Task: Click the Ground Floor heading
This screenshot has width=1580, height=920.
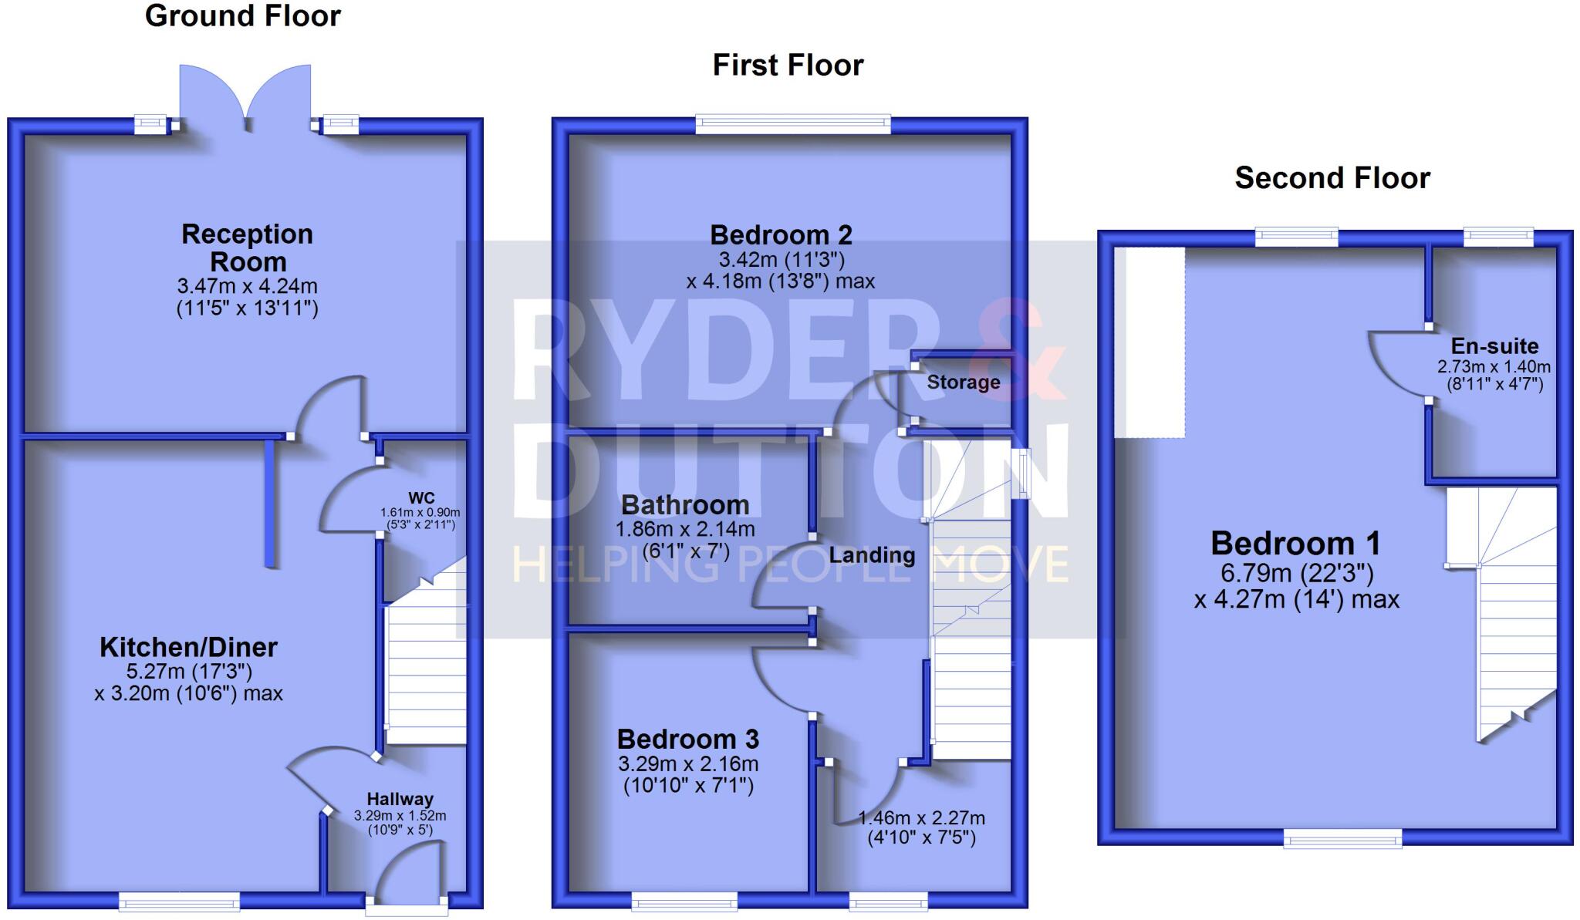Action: coord(242,16)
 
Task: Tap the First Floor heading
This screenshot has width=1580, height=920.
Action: coord(788,66)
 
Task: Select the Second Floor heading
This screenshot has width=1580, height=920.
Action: coord(1332,178)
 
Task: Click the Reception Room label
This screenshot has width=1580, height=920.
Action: coord(248,248)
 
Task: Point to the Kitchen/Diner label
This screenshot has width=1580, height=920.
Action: coord(188,647)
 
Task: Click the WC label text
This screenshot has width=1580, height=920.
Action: coord(421,498)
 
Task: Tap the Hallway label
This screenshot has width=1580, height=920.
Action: coord(400,799)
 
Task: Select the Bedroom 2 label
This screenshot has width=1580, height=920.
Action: coord(781,234)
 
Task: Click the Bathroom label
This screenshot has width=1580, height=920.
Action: coord(685,505)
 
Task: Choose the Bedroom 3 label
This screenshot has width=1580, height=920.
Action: coord(688,740)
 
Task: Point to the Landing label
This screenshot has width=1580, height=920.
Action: coord(872,555)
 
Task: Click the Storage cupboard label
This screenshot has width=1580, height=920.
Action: coord(963,382)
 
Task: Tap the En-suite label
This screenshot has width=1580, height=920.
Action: coord(1494,346)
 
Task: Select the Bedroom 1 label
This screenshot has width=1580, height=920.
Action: coord(1295,544)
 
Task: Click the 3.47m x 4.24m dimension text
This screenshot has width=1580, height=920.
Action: coord(248,286)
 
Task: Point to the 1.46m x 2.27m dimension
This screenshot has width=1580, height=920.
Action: coord(921,818)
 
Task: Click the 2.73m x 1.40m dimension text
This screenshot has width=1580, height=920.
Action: coord(1494,367)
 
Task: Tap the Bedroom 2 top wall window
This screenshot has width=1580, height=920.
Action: coord(792,124)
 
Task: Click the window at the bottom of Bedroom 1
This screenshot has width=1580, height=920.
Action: coord(1342,838)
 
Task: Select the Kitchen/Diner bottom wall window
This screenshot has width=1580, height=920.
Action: coord(179,900)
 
